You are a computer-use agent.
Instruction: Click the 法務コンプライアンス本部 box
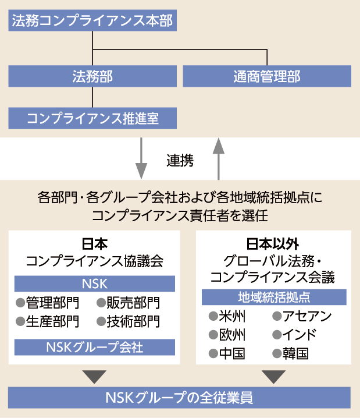tap(92, 20)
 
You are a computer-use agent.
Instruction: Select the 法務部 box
tap(92, 76)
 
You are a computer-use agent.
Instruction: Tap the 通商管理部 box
tap(267, 76)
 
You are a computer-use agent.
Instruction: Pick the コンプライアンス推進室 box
tap(92, 118)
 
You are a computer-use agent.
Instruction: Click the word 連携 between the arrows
tap(180, 161)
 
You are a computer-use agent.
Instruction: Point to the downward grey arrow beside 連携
tap(141, 158)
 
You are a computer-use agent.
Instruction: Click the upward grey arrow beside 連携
tap(219, 159)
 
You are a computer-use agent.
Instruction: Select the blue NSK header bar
tap(95, 284)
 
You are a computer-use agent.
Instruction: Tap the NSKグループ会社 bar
tap(95, 347)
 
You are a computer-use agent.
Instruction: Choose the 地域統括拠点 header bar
tap(274, 297)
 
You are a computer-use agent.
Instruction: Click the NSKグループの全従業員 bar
tap(179, 398)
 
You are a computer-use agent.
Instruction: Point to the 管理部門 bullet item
tap(48, 303)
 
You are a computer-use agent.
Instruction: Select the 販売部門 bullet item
tap(129, 303)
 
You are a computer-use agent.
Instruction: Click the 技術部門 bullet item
tap(129, 321)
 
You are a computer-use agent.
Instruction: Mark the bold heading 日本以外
tap(273, 244)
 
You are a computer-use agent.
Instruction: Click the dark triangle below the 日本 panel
tap(95, 377)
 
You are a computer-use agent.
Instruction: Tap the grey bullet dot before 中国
tap(213, 354)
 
